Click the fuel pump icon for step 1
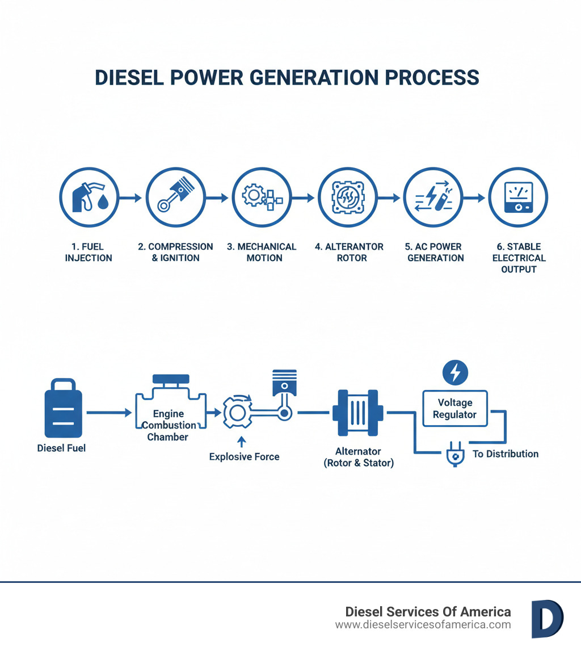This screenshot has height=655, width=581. click(x=89, y=198)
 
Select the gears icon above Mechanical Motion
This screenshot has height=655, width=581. click(x=261, y=198)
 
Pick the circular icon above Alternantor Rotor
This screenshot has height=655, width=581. click(x=347, y=198)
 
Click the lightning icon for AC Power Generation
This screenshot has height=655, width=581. click(x=432, y=198)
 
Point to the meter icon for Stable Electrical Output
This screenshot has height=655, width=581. click(x=518, y=198)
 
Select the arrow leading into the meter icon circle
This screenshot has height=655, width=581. click(x=475, y=198)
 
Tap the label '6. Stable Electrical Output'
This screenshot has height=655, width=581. click(x=518, y=258)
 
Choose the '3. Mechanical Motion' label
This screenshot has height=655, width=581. click(x=261, y=252)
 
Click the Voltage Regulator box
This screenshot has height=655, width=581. click(x=454, y=408)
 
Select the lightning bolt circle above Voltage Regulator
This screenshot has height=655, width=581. click(x=454, y=372)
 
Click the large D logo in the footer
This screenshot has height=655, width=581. click(x=547, y=619)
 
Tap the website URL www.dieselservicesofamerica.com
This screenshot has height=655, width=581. click(x=423, y=625)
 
